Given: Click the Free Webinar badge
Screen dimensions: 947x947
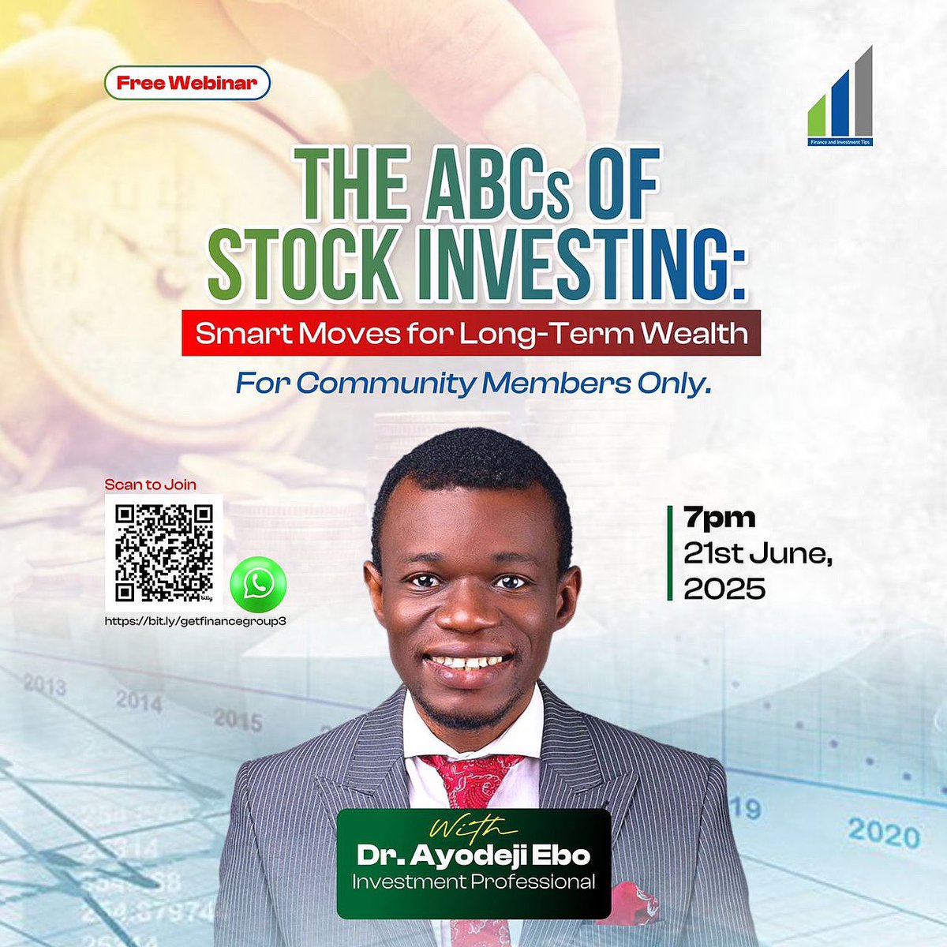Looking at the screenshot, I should point(187,83).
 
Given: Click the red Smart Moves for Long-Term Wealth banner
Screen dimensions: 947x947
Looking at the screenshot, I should point(471,333).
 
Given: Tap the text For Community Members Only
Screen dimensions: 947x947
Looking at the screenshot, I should point(473,384).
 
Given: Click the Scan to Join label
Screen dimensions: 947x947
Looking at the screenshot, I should point(151,485).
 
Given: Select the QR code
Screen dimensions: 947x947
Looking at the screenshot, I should point(164,552).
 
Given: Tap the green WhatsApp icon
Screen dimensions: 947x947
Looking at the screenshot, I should point(257,585).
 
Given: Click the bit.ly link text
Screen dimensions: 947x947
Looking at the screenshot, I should point(195,620).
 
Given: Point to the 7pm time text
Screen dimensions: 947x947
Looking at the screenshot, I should point(719,518).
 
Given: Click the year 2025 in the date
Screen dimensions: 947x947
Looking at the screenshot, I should point(724,589).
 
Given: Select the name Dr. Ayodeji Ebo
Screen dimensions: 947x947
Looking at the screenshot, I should point(473,855).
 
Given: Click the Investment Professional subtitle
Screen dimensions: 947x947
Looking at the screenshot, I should point(473,881).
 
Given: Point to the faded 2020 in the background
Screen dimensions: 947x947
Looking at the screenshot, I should point(884,833).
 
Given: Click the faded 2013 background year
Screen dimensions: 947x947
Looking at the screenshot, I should point(44,685).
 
